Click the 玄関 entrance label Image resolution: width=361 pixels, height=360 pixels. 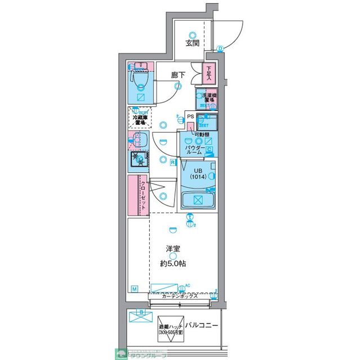[191, 43]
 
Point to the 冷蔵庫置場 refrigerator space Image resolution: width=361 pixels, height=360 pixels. [138, 118]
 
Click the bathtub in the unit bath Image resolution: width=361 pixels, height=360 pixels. [198, 199]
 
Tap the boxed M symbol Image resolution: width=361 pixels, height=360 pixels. [135, 289]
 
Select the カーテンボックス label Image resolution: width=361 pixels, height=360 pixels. [179, 296]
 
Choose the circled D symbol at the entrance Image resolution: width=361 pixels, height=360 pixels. [220, 48]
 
